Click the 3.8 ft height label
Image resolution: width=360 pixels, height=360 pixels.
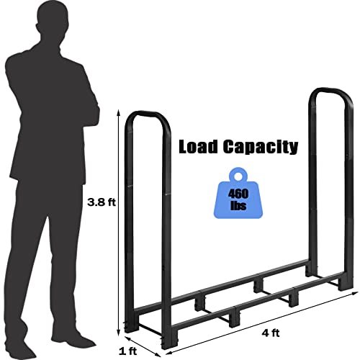tap(102, 202)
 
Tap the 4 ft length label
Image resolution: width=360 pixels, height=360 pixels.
tap(271, 333)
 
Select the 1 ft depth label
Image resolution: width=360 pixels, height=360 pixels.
tap(128, 351)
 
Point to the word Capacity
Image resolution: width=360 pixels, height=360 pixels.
tap(261, 148)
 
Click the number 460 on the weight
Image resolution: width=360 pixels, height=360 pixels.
tap(238, 194)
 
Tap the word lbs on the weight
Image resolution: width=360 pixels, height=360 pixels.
tap(238, 205)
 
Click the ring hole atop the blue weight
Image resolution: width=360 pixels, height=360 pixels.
tap(238, 176)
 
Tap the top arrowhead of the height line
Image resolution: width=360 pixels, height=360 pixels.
tap(118, 112)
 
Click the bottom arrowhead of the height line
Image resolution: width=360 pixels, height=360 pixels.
tap(118, 333)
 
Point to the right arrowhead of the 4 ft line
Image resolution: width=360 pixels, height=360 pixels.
tap(354, 293)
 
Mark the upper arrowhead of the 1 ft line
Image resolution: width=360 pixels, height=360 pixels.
tap(127, 338)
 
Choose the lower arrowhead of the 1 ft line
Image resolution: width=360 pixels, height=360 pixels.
tap(158, 354)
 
